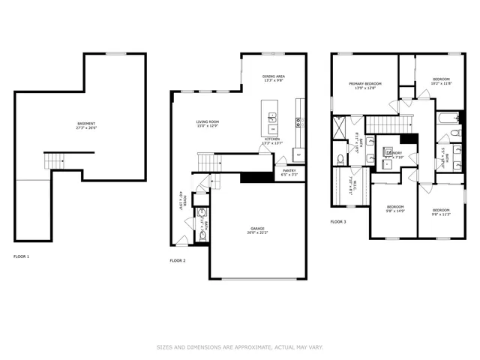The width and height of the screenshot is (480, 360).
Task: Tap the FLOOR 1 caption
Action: tap(22, 256)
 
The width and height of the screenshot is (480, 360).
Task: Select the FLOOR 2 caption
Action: tap(178, 260)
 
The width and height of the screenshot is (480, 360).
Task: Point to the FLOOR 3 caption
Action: tap(339, 221)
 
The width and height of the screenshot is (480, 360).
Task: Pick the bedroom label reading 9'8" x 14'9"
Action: tap(395, 209)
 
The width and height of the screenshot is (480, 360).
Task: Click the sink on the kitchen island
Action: tap(273, 117)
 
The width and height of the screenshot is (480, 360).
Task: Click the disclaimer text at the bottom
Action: tap(239, 347)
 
